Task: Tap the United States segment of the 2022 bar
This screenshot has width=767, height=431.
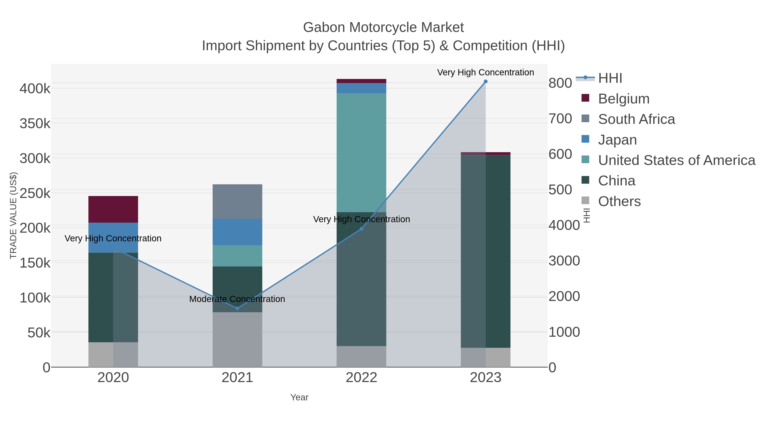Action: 361,152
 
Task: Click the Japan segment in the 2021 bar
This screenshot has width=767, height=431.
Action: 237,232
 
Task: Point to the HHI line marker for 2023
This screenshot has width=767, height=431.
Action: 486,82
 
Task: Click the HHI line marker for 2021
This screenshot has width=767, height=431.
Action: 237,308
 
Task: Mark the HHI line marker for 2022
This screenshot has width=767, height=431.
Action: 362,229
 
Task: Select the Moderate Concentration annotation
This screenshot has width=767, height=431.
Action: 237,299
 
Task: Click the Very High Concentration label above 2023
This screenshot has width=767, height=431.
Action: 485,72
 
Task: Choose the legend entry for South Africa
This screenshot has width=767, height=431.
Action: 636,119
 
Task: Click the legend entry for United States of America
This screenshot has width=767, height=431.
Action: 676,160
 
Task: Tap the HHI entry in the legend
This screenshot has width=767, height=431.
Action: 610,78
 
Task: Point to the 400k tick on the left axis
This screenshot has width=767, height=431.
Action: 35,89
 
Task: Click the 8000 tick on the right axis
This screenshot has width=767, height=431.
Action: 560,83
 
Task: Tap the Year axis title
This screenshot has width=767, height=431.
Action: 299,397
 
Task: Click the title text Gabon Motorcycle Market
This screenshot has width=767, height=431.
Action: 383,27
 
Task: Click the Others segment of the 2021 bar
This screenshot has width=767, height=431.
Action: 237,339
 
